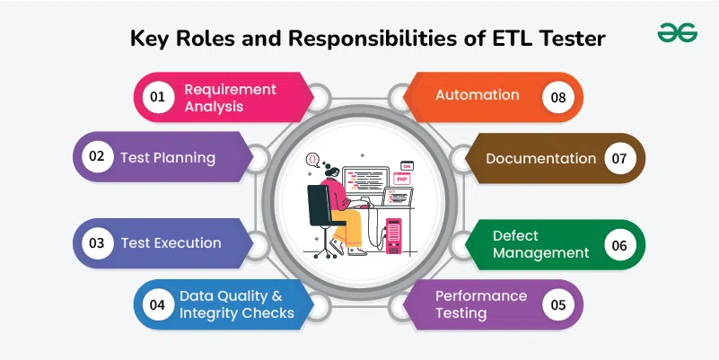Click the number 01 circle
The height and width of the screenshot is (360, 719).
tap(158, 97)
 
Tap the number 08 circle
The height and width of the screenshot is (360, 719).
tap(558, 97)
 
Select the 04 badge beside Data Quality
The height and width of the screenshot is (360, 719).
tap(158, 304)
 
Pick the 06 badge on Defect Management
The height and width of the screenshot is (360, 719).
tap(619, 245)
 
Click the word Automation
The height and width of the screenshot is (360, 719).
tap(477, 95)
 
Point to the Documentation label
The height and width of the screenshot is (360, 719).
tap(540, 159)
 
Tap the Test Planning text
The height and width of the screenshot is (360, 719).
tap(168, 158)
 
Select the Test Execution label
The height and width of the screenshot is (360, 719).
tap(171, 243)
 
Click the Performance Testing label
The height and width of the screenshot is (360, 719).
tap(481, 304)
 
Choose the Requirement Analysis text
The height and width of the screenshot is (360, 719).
tap(230, 98)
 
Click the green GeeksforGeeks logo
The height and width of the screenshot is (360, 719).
tap(678, 32)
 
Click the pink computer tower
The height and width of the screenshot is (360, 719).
tap(393, 236)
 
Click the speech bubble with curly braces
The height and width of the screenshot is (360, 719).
tap(312, 160)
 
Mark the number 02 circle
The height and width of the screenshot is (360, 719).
tap(97, 156)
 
